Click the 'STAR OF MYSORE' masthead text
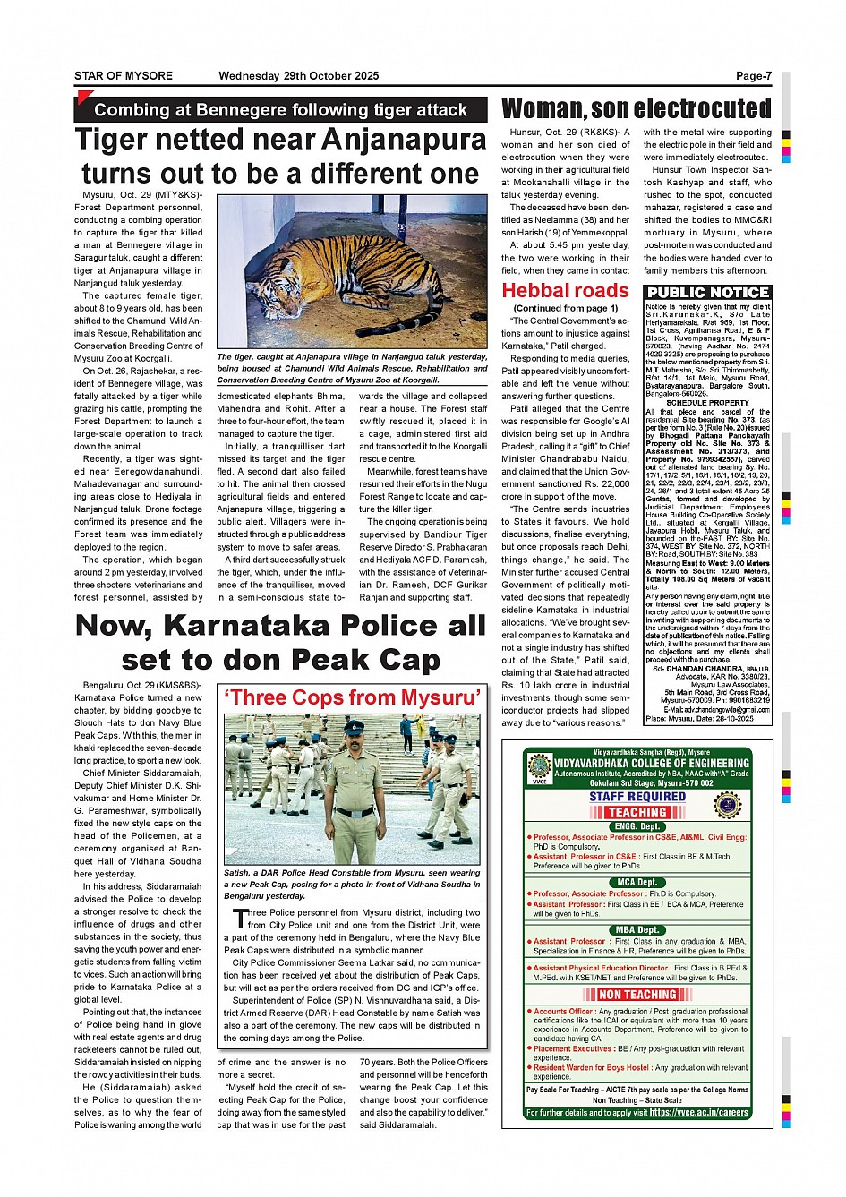click(x=124, y=76)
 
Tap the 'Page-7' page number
click(x=753, y=76)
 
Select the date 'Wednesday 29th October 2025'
click(x=298, y=76)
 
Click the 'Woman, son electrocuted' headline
click(x=636, y=108)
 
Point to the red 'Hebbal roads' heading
click(x=565, y=290)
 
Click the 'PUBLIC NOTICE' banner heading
click(x=707, y=293)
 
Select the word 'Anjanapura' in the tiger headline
click(x=403, y=140)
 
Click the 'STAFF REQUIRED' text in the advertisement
click(x=637, y=796)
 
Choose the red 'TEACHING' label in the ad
click(x=637, y=811)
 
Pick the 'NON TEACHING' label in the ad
click(x=637, y=995)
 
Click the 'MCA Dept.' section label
click(x=637, y=882)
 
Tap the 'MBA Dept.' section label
click(x=637, y=930)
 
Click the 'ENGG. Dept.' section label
click(x=637, y=826)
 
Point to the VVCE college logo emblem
click(x=539, y=766)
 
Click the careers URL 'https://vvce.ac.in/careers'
click(x=698, y=1112)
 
